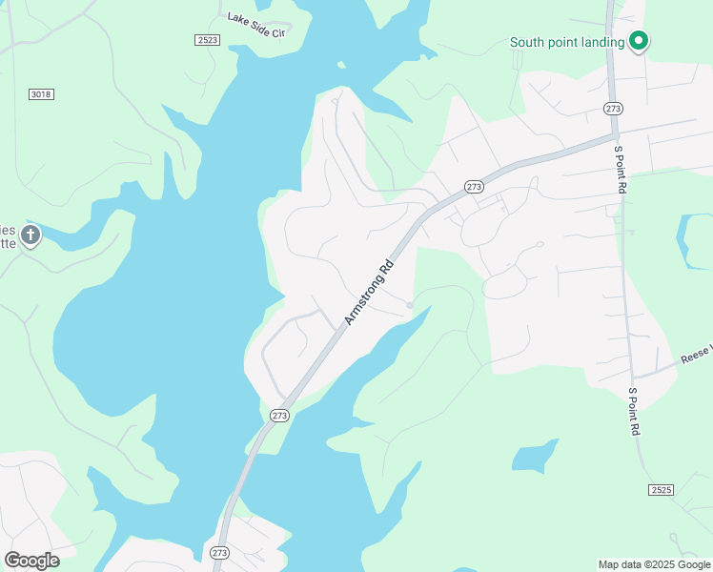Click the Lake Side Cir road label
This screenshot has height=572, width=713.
click(256, 19)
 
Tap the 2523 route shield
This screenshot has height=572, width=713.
click(207, 39)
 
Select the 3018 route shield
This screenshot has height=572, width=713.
click(41, 93)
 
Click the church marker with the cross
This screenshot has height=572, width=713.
click(31, 235)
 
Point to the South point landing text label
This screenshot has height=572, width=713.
click(567, 42)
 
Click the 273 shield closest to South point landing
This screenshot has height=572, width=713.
click(613, 110)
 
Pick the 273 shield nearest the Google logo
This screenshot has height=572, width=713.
click(219, 552)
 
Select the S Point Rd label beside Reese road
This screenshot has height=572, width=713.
click(632, 411)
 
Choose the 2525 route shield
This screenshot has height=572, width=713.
click(661, 489)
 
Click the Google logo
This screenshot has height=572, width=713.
click(31, 560)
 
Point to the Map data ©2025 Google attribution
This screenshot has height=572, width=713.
click(654, 564)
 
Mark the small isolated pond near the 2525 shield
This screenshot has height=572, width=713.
click(534, 457)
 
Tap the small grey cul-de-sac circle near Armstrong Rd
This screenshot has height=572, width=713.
click(410, 305)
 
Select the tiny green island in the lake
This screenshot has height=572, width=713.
click(340, 66)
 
